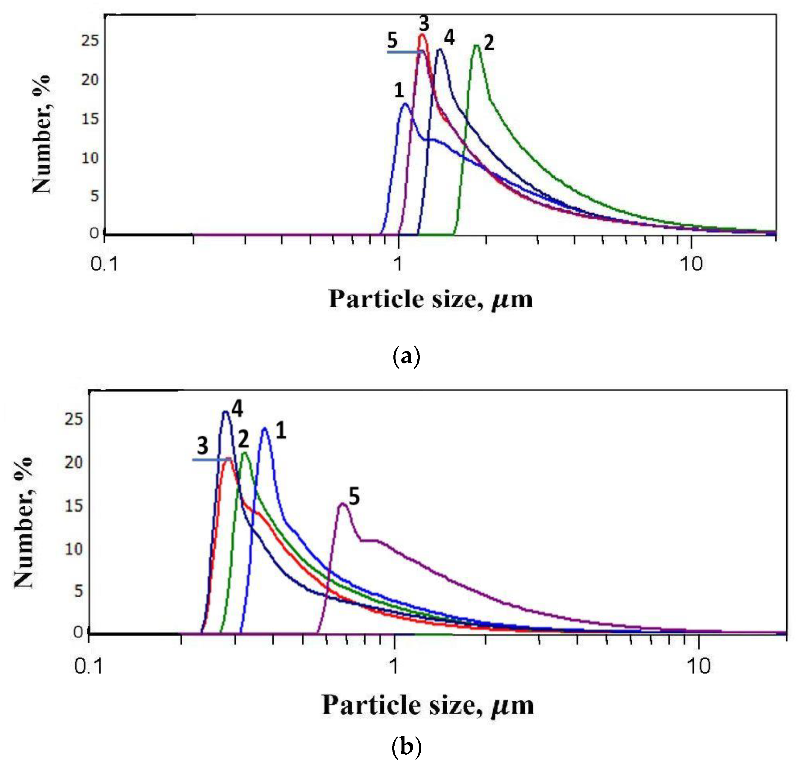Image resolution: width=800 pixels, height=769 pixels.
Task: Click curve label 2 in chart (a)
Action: (x=489, y=43)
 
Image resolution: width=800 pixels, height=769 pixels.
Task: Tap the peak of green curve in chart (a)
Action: (x=475, y=45)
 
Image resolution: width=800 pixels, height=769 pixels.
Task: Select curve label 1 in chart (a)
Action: (x=399, y=90)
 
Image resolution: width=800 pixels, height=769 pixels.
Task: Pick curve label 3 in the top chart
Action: (x=424, y=24)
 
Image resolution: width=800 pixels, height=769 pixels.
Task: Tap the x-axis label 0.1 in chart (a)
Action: (x=104, y=264)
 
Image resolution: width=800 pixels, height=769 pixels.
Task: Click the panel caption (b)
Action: (x=406, y=747)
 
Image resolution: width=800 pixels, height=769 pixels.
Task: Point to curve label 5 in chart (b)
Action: (x=354, y=497)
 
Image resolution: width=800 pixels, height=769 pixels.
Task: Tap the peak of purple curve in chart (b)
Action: (x=343, y=504)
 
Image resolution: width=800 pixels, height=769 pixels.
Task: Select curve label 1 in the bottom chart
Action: (x=281, y=431)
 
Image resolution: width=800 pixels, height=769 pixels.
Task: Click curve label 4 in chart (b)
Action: (x=237, y=409)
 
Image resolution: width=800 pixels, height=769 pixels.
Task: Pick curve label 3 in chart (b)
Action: (x=202, y=446)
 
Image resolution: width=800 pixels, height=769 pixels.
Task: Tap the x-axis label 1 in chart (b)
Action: (x=393, y=666)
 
